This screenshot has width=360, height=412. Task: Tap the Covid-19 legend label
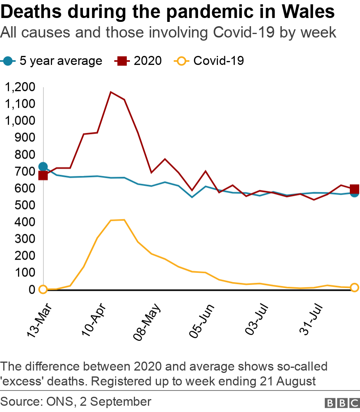click(219, 61)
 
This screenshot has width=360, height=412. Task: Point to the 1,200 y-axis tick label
click(20, 87)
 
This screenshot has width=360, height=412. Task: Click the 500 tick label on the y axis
click(25, 205)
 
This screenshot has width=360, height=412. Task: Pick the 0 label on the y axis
click(32, 290)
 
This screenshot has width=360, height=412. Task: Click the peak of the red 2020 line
click(111, 92)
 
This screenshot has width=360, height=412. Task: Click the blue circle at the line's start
click(43, 167)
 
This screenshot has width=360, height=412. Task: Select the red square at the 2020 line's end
click(355, 188)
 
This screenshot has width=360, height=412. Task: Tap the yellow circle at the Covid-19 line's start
click(43, 289)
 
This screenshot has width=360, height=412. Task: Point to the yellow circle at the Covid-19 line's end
click(355, 288)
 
